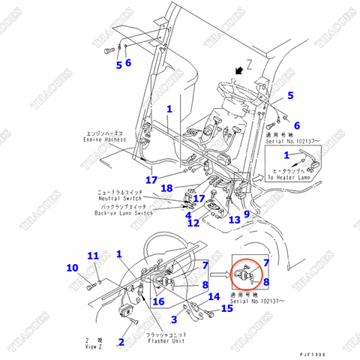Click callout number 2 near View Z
[x=120, y=342]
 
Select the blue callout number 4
[x=188, y=215]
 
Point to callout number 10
[x=73, y=268]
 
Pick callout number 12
[x=193, y=223]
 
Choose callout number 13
[x=234, y=220]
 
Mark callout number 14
[x=213, y=296]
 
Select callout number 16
[x=158, y=301]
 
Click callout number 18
[x=166, y=187]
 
